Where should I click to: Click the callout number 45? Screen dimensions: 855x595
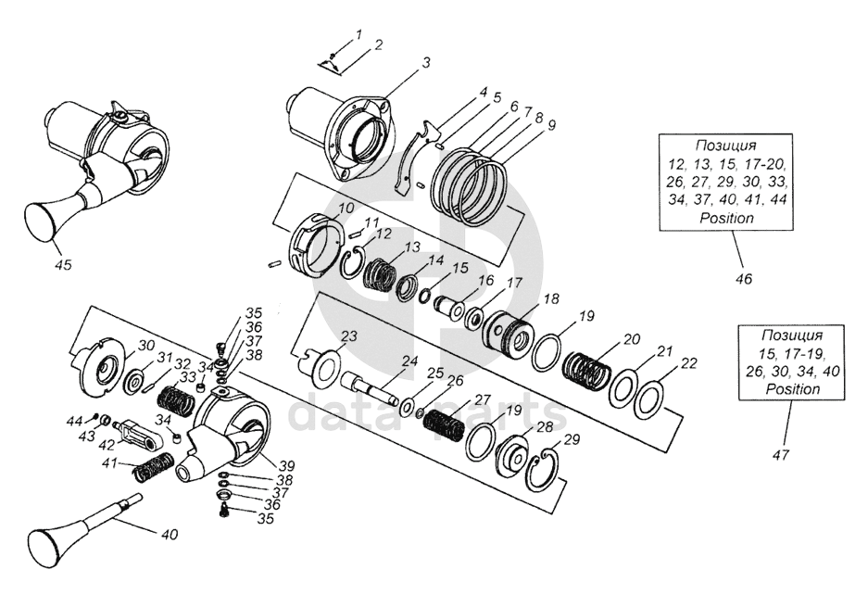click(63, 265)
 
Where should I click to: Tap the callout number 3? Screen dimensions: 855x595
click(426, 63)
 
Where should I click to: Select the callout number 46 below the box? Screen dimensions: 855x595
click(744, 279)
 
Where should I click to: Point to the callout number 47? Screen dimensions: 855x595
click(782, 454)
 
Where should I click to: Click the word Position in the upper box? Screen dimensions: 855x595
click(726, 218)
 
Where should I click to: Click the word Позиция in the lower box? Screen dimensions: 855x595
click(792, 335)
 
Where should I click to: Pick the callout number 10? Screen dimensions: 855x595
click(346, 209)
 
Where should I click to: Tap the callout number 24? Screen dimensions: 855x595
click(409, 361)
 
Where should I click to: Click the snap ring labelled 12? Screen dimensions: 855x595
click(355, 263)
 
